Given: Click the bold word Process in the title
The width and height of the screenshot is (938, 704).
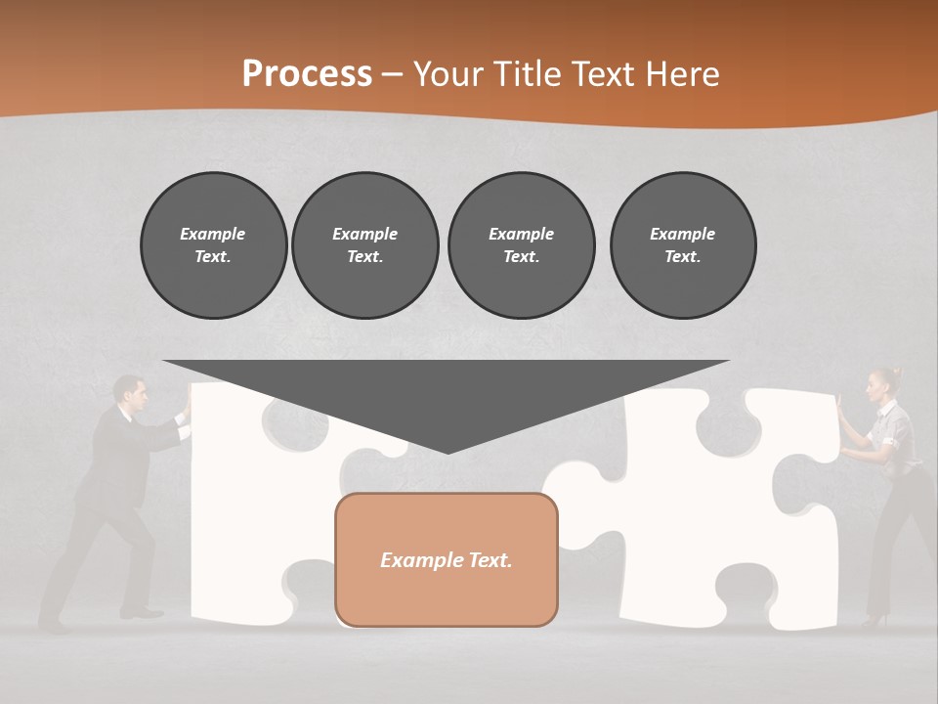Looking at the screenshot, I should [307, 74].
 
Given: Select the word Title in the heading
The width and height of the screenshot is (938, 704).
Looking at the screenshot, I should [524, 74].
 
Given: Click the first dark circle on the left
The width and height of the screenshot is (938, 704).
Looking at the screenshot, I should [213, 244].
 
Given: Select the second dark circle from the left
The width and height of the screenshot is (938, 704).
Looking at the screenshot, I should [365, 244].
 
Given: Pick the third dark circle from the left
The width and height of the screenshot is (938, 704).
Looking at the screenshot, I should [521, 244].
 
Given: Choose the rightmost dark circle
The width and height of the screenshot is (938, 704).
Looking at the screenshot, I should [683, 244].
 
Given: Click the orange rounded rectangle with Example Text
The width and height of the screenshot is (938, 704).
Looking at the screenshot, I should [447, 559].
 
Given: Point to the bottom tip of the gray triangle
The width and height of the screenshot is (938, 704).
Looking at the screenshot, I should [447, 451].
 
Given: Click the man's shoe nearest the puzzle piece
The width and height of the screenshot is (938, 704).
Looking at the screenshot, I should [143, 613].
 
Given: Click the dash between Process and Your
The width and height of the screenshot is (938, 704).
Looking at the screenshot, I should [393, 74].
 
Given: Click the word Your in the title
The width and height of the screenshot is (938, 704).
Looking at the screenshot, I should [447, 74].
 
